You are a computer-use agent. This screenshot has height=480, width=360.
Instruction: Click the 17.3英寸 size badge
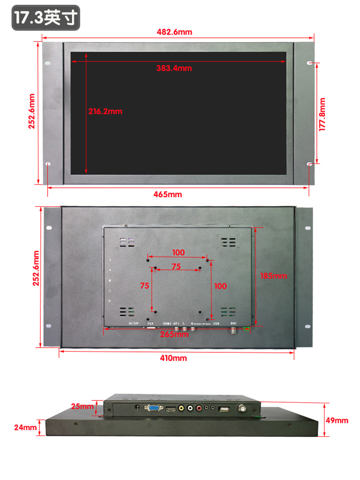[x=46, y=18]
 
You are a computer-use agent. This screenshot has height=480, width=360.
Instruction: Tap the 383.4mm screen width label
[x=174, y=68]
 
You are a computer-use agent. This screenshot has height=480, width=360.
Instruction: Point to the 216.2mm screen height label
[x=105, y=111]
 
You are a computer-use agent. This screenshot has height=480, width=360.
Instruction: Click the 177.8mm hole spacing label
[x=322, y=114]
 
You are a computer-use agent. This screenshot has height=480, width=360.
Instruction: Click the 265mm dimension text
[x=174, y=334]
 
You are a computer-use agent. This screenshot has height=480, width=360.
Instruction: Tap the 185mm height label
[x=273, y=276]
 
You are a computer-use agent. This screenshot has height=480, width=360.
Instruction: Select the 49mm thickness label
[x=337, y=420]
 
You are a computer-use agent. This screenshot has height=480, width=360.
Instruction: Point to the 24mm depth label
[x=25, y=427]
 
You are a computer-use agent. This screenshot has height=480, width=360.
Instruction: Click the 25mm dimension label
[x=82, y=407]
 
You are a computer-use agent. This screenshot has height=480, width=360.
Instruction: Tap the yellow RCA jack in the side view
[x=181, y=408]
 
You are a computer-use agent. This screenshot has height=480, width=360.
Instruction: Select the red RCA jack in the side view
[x=191, y=408]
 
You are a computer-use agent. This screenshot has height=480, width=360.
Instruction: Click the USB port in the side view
[x=224, y=409]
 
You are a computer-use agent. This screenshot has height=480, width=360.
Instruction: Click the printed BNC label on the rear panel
[x=234, y=324]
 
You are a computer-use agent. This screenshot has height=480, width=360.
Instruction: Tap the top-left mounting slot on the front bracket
[x=47, y=63]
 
